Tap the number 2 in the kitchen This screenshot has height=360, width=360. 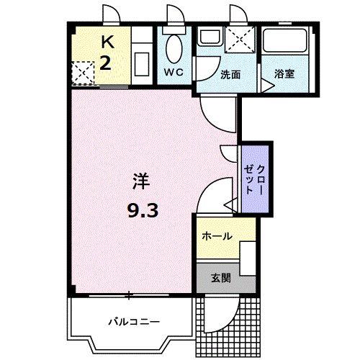click(x=104, y=63)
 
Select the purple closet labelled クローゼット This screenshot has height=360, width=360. click(x=256, y=176)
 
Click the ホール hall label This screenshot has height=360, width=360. click(x=216, y=235)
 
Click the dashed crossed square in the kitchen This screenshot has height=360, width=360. click(x=83, y=73)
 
